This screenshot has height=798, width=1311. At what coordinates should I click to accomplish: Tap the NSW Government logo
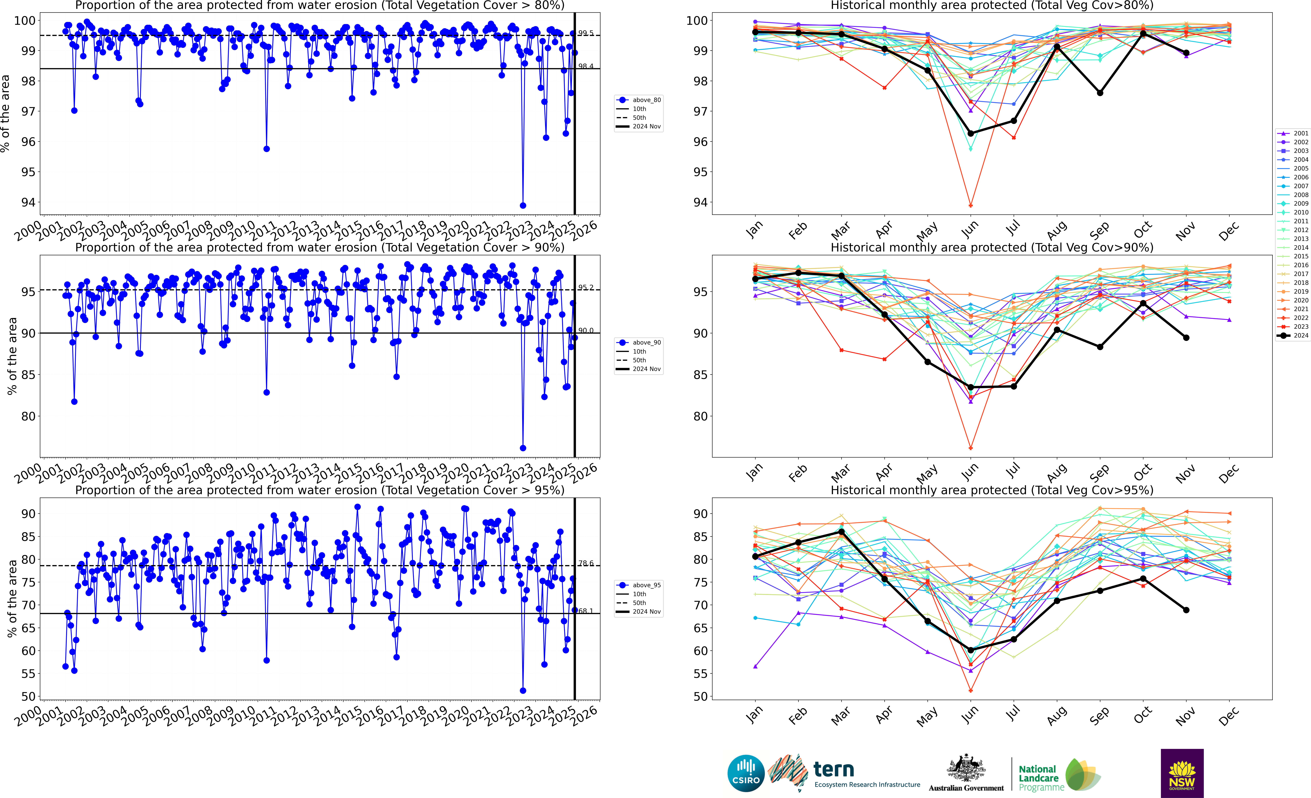pos(1182,773)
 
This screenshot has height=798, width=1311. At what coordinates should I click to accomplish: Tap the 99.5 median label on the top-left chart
pos(586,33)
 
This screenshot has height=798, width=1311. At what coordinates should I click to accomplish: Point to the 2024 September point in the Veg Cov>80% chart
pos(1100,93)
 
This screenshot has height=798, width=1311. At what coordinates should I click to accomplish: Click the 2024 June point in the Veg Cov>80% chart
pos(970,134)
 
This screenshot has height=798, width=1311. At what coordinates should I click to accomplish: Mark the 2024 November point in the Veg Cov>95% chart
pos(1186,610)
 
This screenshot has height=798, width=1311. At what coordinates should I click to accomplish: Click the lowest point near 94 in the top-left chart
pos(523,205)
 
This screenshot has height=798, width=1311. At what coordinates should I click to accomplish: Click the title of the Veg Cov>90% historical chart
pos(992,247)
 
